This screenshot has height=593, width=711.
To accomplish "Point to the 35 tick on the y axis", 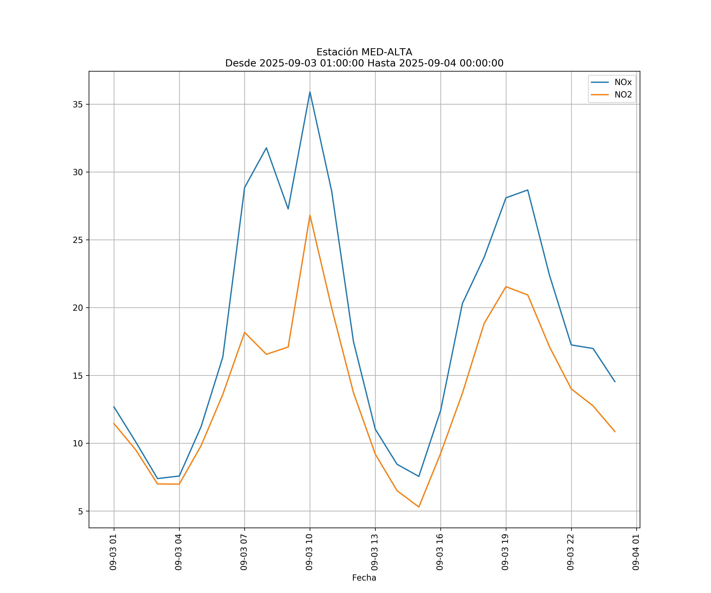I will click(x=78, y=104).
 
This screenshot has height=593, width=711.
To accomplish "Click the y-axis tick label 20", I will click(x=78, y=308).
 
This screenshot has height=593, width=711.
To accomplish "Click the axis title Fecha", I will click(x=364, y=578).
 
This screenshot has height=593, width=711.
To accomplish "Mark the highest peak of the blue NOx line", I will click(x=310, y=92).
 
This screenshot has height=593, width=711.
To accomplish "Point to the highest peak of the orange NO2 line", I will click(x=310, y=215).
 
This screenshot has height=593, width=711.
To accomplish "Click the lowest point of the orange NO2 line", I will click(x=419, y=507).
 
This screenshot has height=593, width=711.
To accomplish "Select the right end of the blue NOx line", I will click(x=615, y=382).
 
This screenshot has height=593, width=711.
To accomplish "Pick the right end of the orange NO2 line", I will click(x=615, y=432).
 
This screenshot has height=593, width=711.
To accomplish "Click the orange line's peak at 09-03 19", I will click(x=506, y=287).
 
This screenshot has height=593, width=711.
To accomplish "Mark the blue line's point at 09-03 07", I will click(x=245, y=187).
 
